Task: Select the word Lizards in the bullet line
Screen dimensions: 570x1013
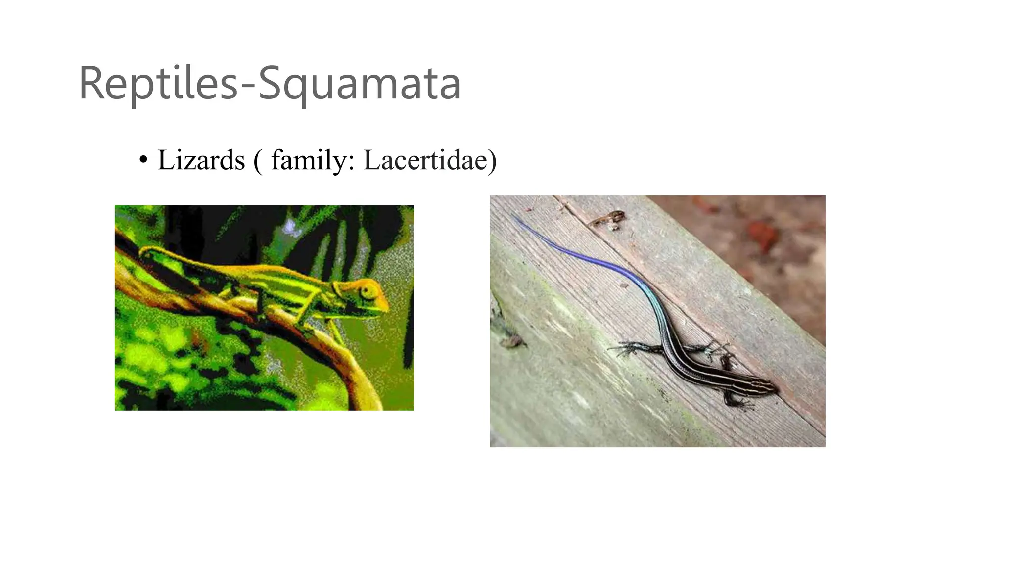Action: (x=201, y=160)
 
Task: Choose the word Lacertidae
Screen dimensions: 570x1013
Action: (x=425, y=160)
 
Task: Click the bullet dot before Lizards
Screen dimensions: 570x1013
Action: (x=143, y=160)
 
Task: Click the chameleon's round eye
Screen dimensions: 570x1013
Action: (x=367, y=292)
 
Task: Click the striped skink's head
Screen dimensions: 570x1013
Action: (x=764, y=385)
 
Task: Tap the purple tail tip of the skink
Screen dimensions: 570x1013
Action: (x=515, y=217)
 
